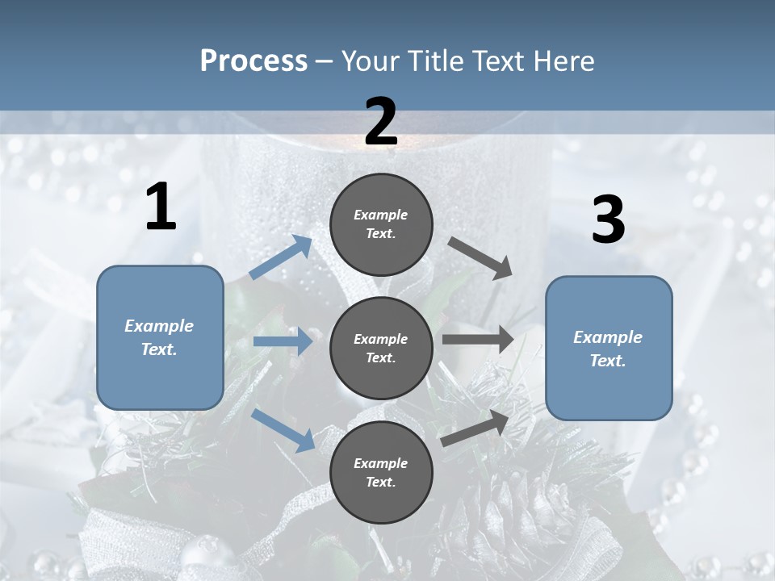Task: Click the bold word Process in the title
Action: pyautogui.click(x=253, y=61)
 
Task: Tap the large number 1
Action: pyautogui.click(x=161, y=207)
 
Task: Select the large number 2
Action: pyautogui.click(x=381, y=123)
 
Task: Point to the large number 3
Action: pyautogui.click(x=608, y=220)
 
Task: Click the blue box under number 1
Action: pyautogui.click(x=160, y=337)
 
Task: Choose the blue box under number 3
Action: pyautogui.click(x=609, y=349)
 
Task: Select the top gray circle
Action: pyautogui.click(x=381, y=224)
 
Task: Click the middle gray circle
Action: pyautogui.click(x=381, y=348)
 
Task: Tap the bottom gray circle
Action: pyautogui.click(x=381, y=472)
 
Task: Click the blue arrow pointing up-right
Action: pyautogui.click(x=281, y=257)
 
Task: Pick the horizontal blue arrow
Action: pyautogui.click(x=283, y=342)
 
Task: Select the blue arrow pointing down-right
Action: pyautogui.click(x=283, y=430)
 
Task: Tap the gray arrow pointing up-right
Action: pyautogui.click(x=475, y=428)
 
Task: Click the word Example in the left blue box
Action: pyautogui.click(x=159, y=326)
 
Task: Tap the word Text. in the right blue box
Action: pyautogui.click(x=608, y=361)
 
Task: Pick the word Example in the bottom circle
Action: pyautogui.click(x=381, y=463)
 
